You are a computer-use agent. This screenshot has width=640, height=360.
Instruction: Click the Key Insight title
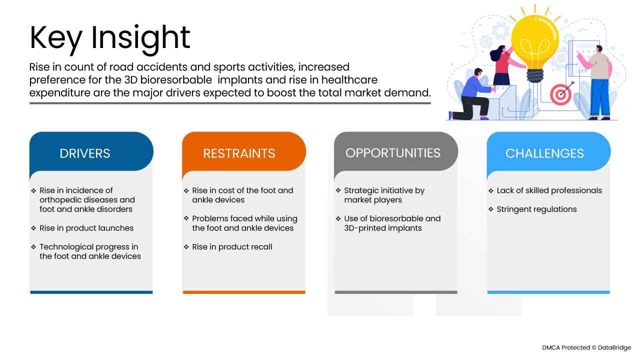click(109, 38)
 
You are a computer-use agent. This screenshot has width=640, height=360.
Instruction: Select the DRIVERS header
click(85, 153)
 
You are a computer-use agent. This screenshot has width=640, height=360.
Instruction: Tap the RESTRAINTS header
click(239, 153)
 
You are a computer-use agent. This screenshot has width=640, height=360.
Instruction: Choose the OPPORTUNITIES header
click(393, 153)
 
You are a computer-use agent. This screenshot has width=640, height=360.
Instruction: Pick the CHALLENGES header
click(544, 153)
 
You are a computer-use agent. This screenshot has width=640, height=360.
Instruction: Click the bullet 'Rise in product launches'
click(86, 228)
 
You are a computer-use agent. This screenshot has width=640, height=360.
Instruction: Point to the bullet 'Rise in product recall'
click(232, 246)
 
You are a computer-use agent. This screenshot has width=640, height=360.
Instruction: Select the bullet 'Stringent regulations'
click(536, 209)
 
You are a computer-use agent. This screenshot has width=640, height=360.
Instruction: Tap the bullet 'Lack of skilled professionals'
click(549, 190)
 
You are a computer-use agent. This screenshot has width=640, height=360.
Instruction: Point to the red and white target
click(560, 94)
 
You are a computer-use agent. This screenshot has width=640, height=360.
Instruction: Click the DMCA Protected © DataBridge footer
click(586, 347)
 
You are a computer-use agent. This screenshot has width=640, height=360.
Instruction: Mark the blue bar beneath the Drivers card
click(91, 292)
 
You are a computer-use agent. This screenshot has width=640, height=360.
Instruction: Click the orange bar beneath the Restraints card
click(244, 292)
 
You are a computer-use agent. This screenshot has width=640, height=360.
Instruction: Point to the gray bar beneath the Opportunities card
click(396, 292)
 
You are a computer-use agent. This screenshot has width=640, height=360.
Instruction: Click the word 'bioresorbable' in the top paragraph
click(176, 80)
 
